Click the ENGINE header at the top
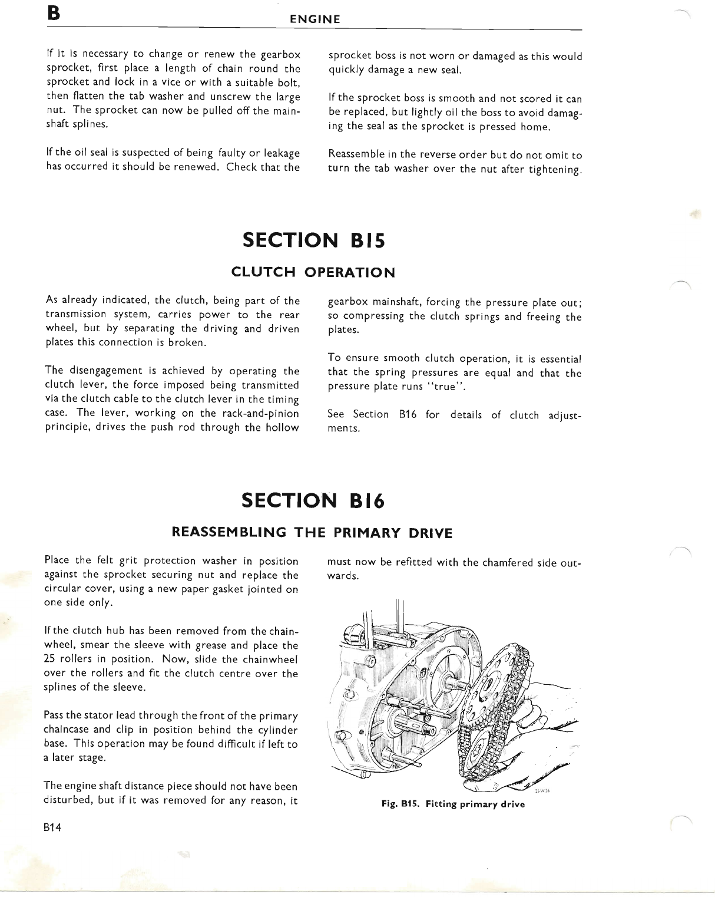pyautogui.click(x=315, y=19)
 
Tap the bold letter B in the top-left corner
pyautogui.click(x=55, y=13)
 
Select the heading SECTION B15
pyautogui.click(x=313, y=240)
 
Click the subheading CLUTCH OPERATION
pyautogui.click(x=313, y=272)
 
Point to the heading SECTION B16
pyautogui.click(x=313, y=501)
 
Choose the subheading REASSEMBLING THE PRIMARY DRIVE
pyautogui.click(x=312, y=533)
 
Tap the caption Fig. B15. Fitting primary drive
pyautogui.click(x=453, y=804)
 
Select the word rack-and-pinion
pyautogui.click(x=257, y=413)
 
